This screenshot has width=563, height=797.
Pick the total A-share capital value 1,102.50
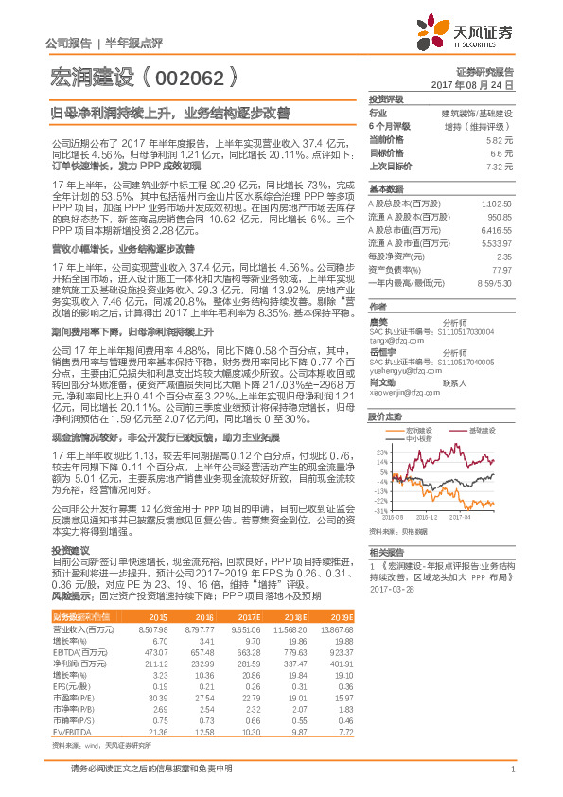(x=498, y=204)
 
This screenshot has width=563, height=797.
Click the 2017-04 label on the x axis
(x=461, y=517)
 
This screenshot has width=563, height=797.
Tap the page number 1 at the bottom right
(x=511, y=779)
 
